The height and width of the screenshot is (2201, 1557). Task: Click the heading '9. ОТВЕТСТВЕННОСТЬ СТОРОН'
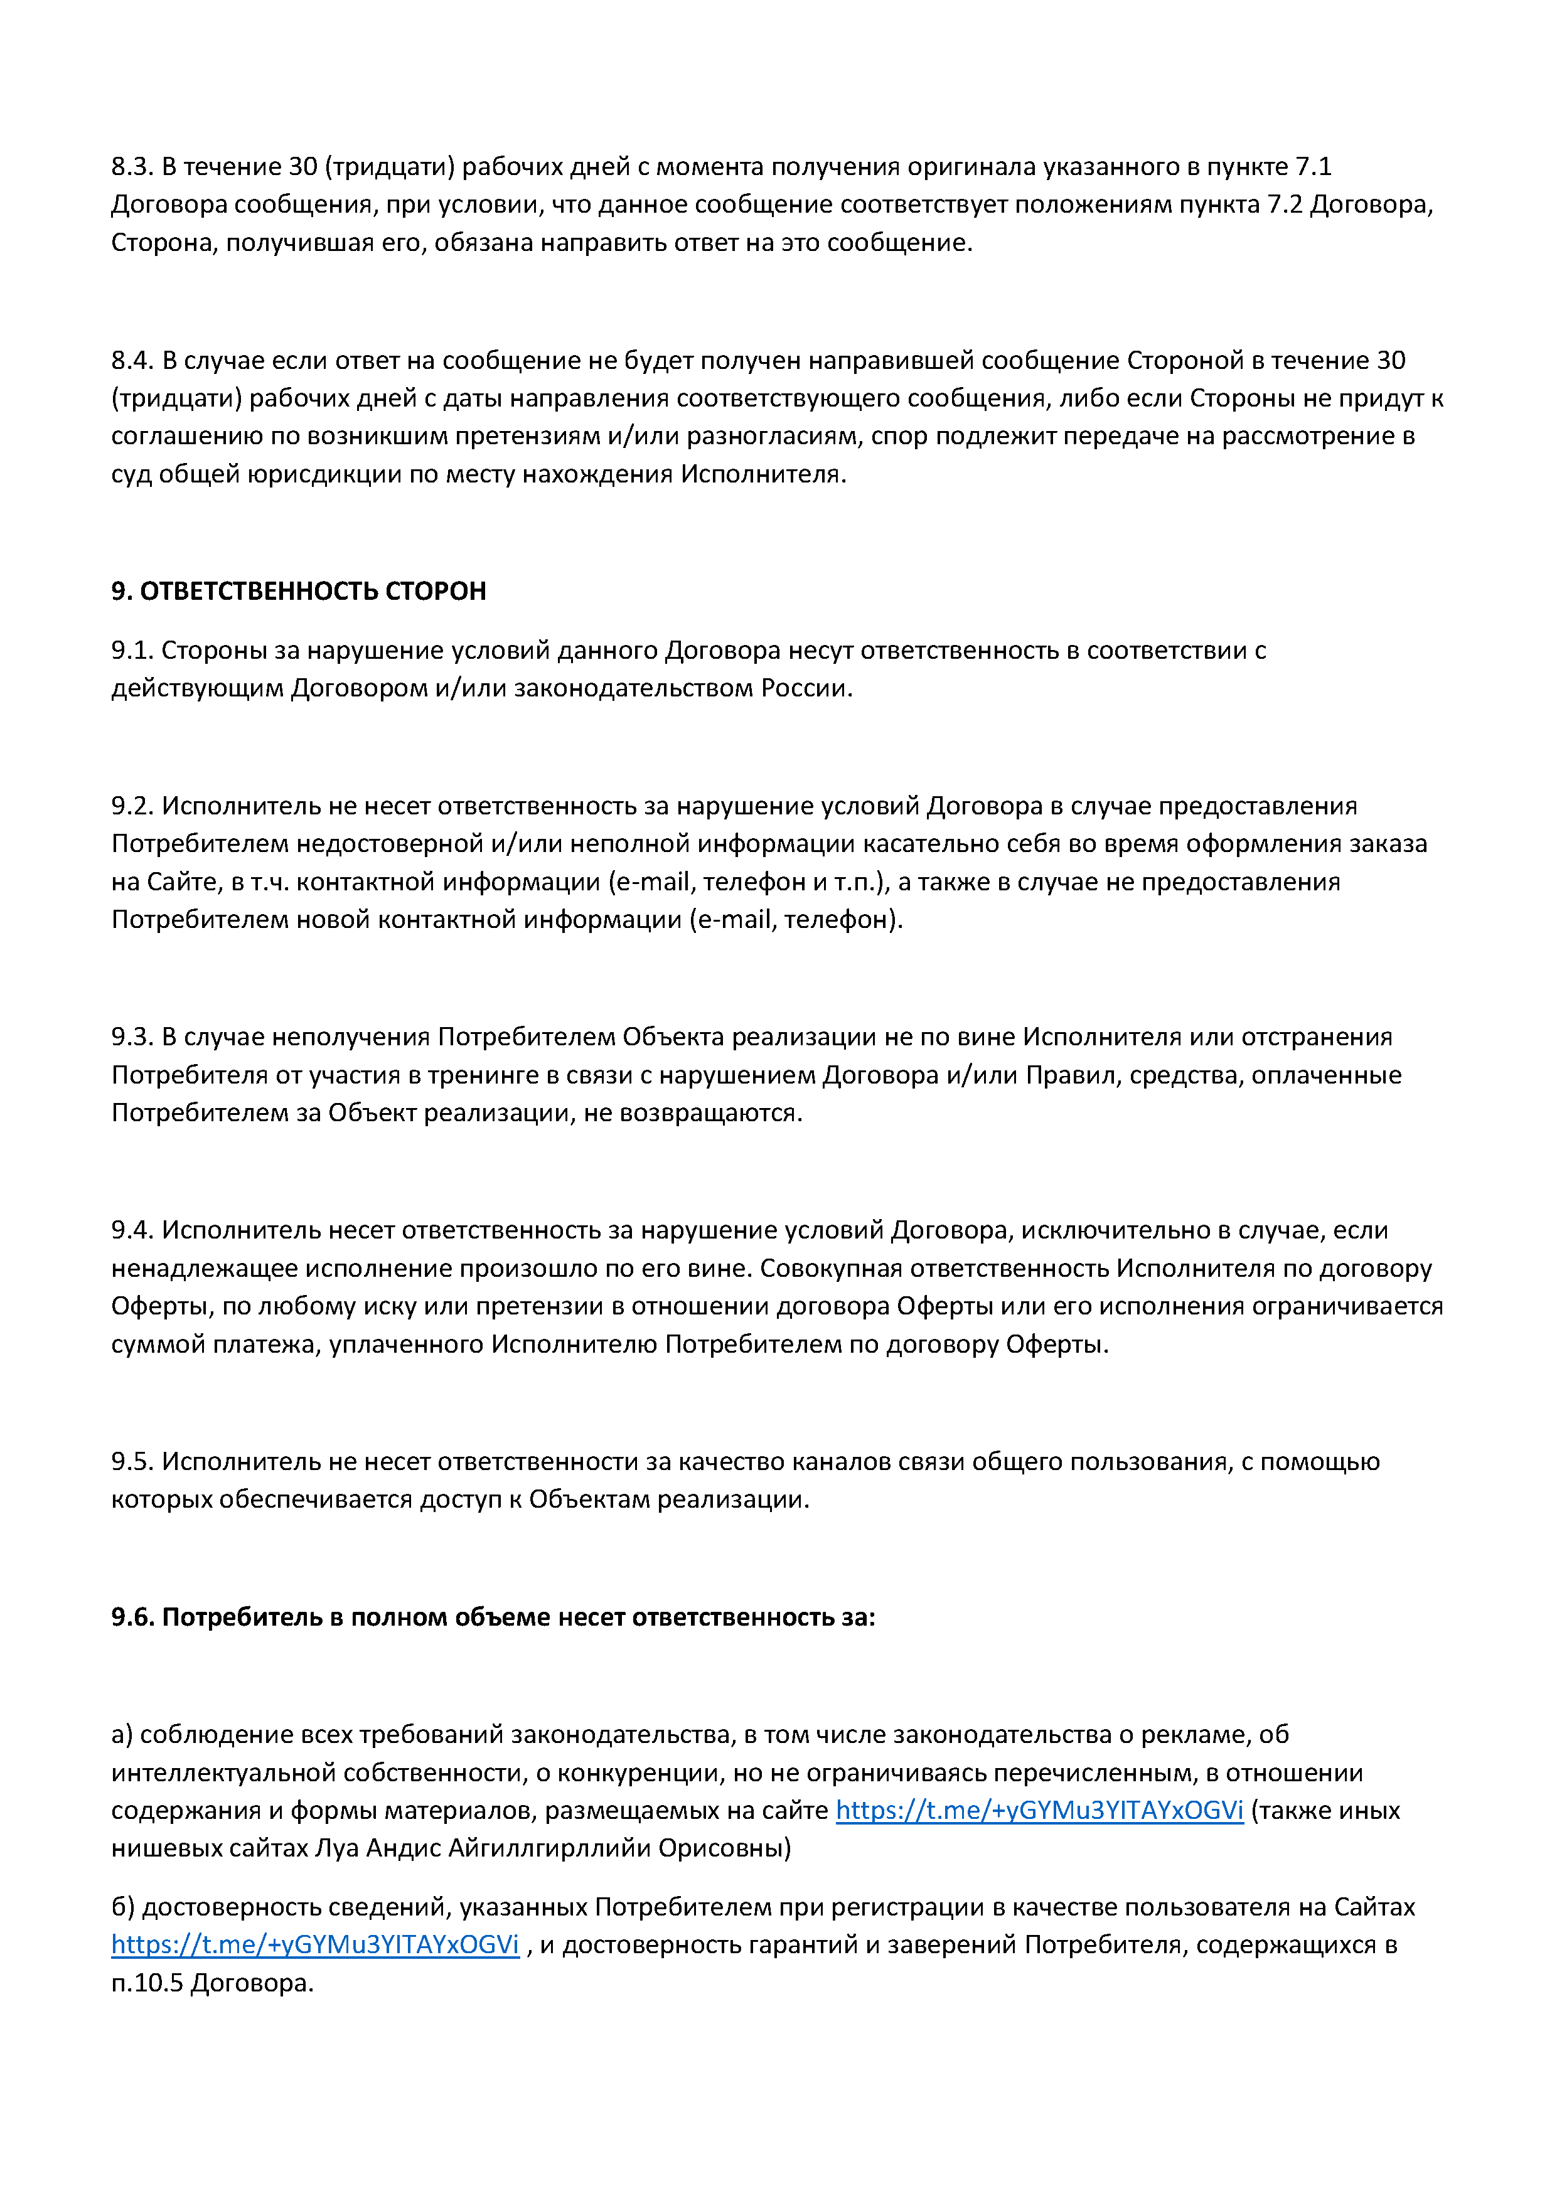[298, 592]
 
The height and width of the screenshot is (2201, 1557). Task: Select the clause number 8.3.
[131, 167]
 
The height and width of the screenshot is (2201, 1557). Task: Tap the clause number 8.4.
[131, 360]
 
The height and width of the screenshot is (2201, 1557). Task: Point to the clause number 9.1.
[131, 651]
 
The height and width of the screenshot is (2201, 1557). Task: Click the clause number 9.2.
[131, 806]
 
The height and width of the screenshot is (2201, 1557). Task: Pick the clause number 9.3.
[131, 1037]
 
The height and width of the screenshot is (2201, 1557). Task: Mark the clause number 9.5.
[131, 1462]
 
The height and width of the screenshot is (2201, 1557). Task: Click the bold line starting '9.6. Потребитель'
[493, 1617]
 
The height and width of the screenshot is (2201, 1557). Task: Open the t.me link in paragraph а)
[1039, 1811]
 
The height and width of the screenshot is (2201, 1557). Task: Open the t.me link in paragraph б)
[316, 1945]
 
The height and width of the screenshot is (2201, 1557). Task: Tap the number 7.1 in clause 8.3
[1314, 167]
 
